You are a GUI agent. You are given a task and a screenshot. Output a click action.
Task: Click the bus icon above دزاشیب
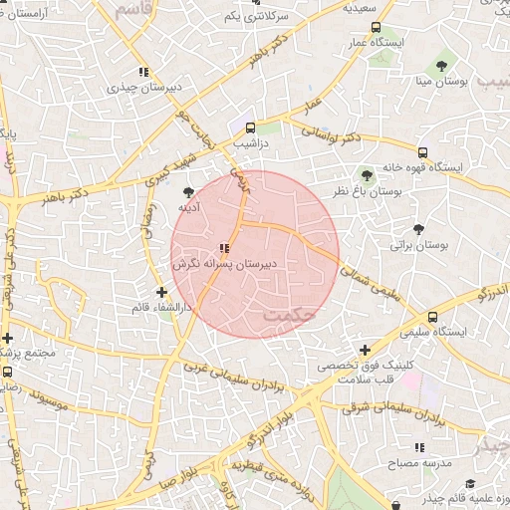[250, 127]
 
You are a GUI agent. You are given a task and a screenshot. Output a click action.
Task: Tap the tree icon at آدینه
[189, 191]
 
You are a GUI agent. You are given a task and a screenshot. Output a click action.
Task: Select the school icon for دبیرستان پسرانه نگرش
[224, 248]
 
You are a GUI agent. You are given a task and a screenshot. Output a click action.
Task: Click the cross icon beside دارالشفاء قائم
[162, 291]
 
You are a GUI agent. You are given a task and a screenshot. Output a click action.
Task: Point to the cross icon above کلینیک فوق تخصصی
[366, 351]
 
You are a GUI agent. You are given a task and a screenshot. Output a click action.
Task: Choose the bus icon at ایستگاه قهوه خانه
[423, 153]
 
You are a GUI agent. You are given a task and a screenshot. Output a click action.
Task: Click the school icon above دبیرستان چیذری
[145, 71]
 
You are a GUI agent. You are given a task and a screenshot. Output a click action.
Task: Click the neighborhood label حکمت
[289, 316]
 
